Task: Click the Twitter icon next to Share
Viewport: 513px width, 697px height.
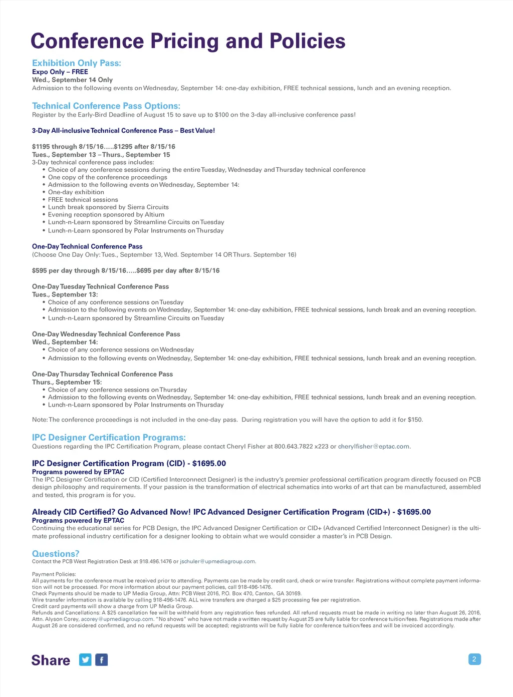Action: coord(86,660)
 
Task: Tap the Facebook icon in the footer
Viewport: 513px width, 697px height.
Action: coord(101,660)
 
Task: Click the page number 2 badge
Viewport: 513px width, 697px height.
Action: coord(474,659)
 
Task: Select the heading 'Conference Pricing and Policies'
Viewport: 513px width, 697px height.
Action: coord(188,41)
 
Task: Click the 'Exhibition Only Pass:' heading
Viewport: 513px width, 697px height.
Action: coord(77,63)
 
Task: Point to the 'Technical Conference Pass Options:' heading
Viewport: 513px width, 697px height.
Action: coord(106,106)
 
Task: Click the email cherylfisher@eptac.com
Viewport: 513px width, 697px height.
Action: coord(374,447)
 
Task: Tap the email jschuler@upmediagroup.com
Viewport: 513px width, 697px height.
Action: coord(217,561)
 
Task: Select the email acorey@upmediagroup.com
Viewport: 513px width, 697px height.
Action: coord(117,619)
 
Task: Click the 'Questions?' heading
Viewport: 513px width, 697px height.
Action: coord(56,554)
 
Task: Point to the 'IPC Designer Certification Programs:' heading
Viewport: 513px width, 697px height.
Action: coord(109,438)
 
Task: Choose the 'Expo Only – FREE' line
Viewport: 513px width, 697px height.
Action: coord(60,72)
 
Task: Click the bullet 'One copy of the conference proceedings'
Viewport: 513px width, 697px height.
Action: coord(108,177)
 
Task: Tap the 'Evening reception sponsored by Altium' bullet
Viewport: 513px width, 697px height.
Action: coord(106,215)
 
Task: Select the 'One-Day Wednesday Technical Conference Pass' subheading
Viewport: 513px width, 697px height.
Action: coord(106,334)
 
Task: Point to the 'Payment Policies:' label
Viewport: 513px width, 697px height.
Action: coord(54,574)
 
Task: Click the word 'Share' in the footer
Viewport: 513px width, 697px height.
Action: coord(51,660)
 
